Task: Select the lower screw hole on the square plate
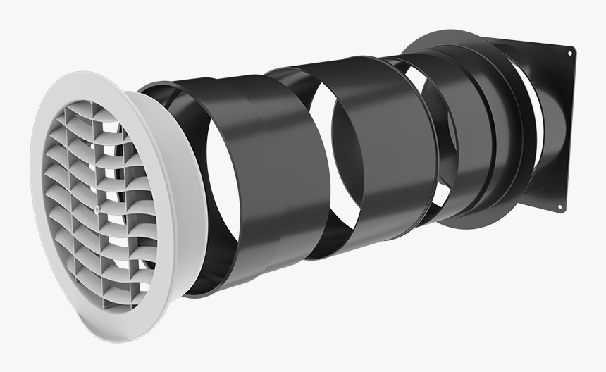560,206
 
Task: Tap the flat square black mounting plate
557,127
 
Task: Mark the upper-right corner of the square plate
572,48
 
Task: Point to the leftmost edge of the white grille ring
33,176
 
